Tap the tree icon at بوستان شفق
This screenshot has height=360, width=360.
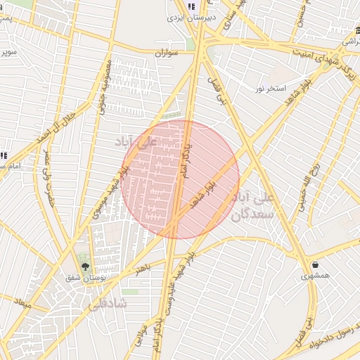click(86, 266)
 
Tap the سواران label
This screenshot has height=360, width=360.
click(167, 53)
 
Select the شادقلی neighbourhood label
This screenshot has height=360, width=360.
click(109, 304)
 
